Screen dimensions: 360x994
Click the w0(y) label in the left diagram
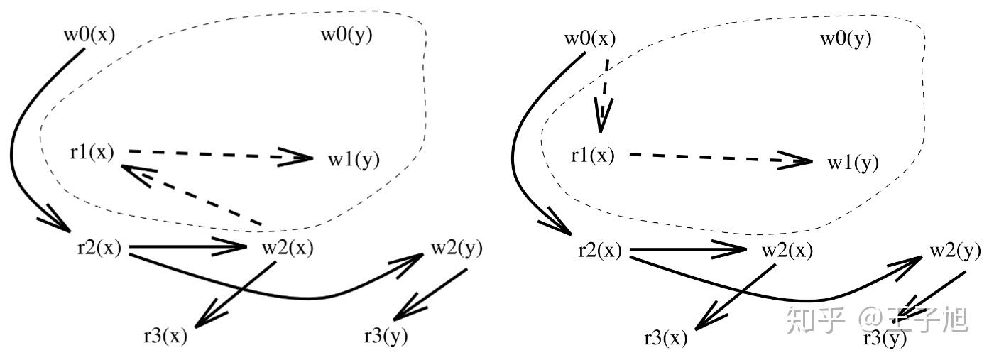tap(347, 34)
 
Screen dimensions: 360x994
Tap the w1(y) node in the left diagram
tap(354, 160)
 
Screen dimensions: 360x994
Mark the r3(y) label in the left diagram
tap(386, 336)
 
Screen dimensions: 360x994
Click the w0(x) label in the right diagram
tap(589, 38)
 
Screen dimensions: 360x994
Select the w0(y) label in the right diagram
tap(846, 38)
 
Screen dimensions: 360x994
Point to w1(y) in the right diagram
tap(853, 163)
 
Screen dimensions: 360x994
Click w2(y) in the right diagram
tap(956, 251)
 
